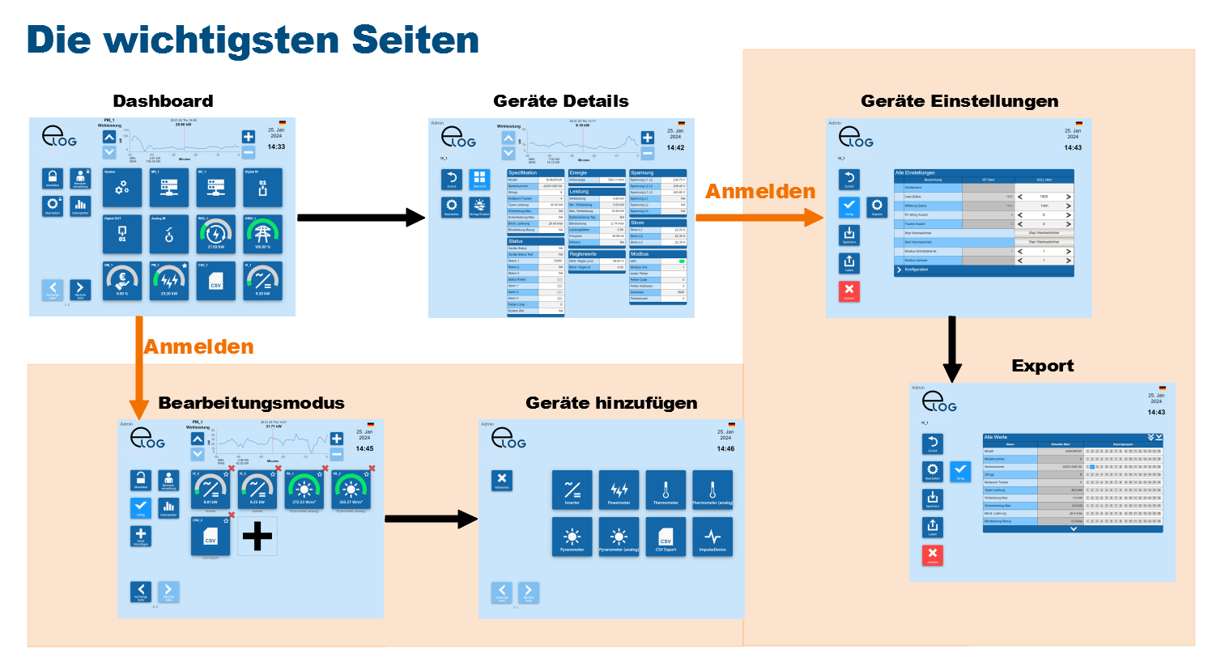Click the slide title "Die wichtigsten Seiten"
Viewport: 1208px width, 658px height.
coord(253,40)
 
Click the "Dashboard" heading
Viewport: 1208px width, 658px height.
coord(163,101)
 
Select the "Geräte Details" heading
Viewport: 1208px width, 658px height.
coord(560,101)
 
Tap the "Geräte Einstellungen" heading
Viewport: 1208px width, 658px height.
coord(959,101)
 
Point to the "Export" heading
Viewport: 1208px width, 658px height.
coord(1042,366)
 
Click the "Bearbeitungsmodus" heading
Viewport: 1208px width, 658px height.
coord(251,403)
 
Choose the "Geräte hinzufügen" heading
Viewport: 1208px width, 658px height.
coord(611,403)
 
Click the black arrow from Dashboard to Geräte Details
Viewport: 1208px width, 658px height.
coord(360,217)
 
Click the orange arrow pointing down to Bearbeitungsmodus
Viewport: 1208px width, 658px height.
coord(139,364)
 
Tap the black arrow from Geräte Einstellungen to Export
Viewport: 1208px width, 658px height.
coord(952,348)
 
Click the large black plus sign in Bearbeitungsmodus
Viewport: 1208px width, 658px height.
coord(257,536)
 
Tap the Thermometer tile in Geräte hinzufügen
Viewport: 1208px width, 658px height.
coord(666,490)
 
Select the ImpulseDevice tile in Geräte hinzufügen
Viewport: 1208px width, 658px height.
coord(712,537)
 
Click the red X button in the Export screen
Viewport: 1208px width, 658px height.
coord(933,554)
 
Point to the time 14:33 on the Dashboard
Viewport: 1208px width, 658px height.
coord(276,146)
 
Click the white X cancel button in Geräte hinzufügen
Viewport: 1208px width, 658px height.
coord(502,480)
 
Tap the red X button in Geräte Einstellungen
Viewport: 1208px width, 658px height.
coord(849,290)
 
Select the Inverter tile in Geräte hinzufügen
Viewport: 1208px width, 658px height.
coord(572,490)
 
